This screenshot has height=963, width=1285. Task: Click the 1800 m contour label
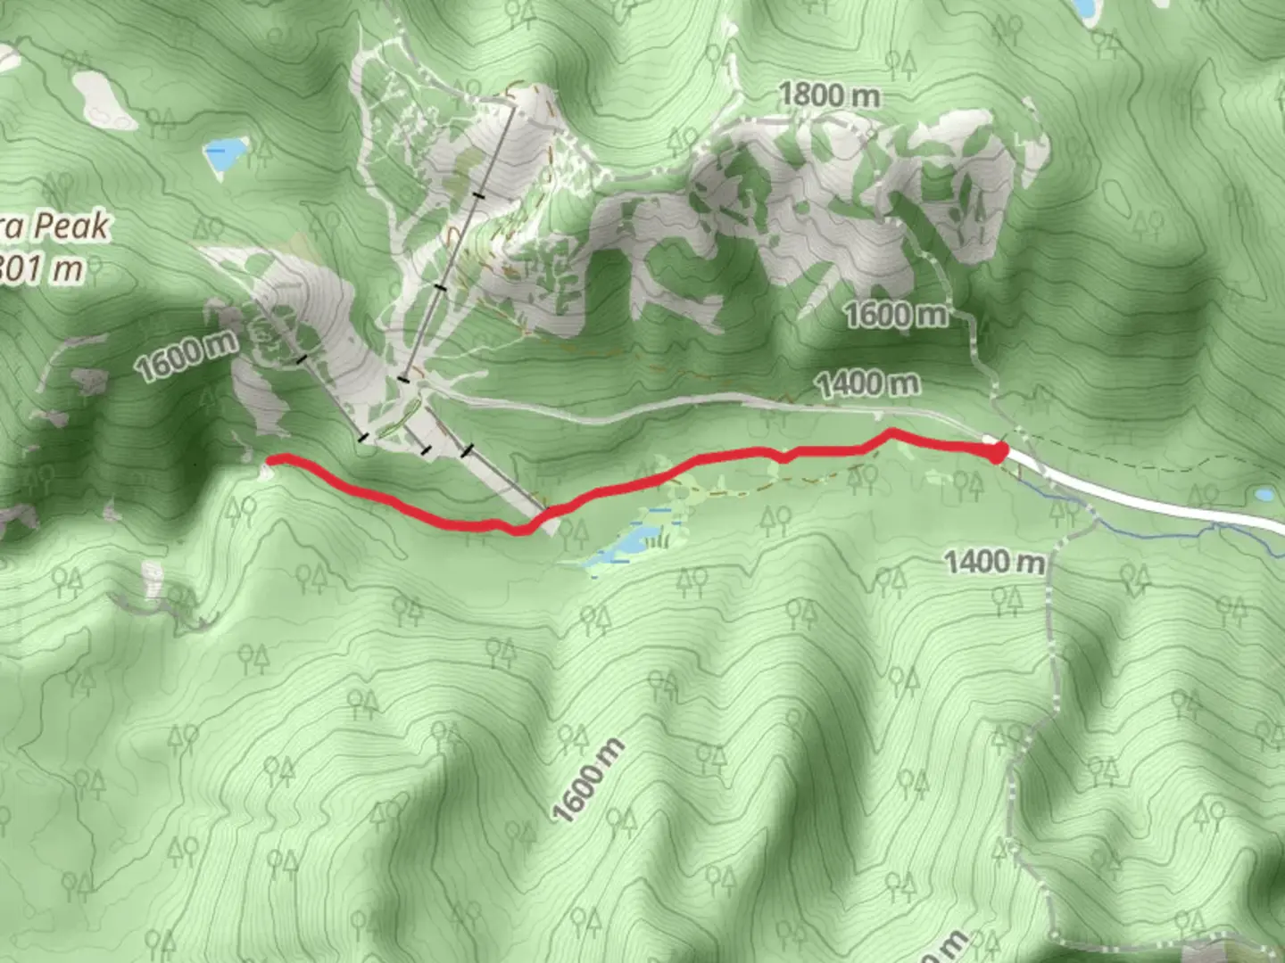coord(829,95)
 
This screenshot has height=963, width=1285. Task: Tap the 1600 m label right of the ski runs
coord(895,315)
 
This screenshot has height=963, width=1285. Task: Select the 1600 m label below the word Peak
coord(187,355)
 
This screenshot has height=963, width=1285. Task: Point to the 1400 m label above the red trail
coord(867,384)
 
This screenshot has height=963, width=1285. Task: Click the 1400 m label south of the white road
coord(994,563)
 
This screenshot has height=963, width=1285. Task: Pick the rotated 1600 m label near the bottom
coord(586,782)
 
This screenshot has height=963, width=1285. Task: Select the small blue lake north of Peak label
coord(225,153)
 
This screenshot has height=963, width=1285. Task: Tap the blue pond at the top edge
coord(1083,9)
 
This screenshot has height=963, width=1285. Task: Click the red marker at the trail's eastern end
coord(996,453)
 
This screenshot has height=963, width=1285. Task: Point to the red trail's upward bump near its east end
coord(891,433)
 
